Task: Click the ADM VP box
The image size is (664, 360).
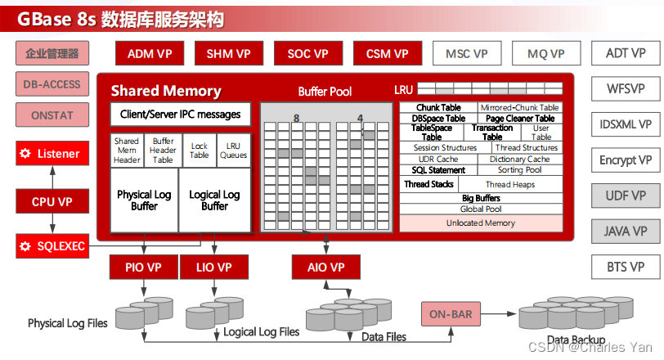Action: click(150, 54)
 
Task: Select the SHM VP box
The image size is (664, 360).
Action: click(228, 54)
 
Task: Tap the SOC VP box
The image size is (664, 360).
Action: click(307, 54)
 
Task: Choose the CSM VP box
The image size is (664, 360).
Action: click(387, 54)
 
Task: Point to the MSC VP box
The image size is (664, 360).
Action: click(466, 54)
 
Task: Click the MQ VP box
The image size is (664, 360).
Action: click(545, 54)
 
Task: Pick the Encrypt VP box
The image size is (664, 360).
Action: click(626, 160)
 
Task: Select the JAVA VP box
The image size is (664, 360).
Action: click(626, 232)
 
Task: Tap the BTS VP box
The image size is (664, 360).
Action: click(626, 267)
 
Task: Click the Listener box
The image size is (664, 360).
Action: click(51, 153)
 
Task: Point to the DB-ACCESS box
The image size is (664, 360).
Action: click(52, 85)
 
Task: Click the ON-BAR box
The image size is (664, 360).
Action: click(450, 313)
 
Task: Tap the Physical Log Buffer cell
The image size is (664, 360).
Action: click(144, 200)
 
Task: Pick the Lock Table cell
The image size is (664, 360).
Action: click(200, 151)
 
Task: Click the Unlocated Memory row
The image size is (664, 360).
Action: click(480, 223)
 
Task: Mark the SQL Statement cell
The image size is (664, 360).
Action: click(439, 170)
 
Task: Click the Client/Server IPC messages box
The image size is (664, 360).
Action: click(180, 115)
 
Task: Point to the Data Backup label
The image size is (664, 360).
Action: click(577, 340)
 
